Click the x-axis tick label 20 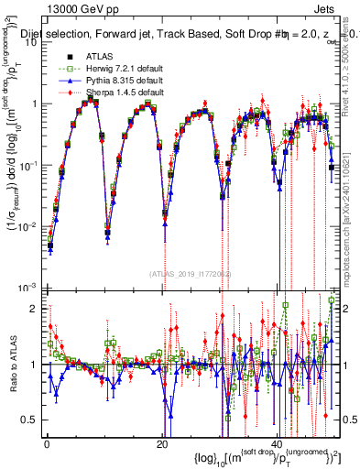click(x=161, y=445)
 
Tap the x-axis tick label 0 click(x=46, y=445)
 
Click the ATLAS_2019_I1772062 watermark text click(x=188, y=274)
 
